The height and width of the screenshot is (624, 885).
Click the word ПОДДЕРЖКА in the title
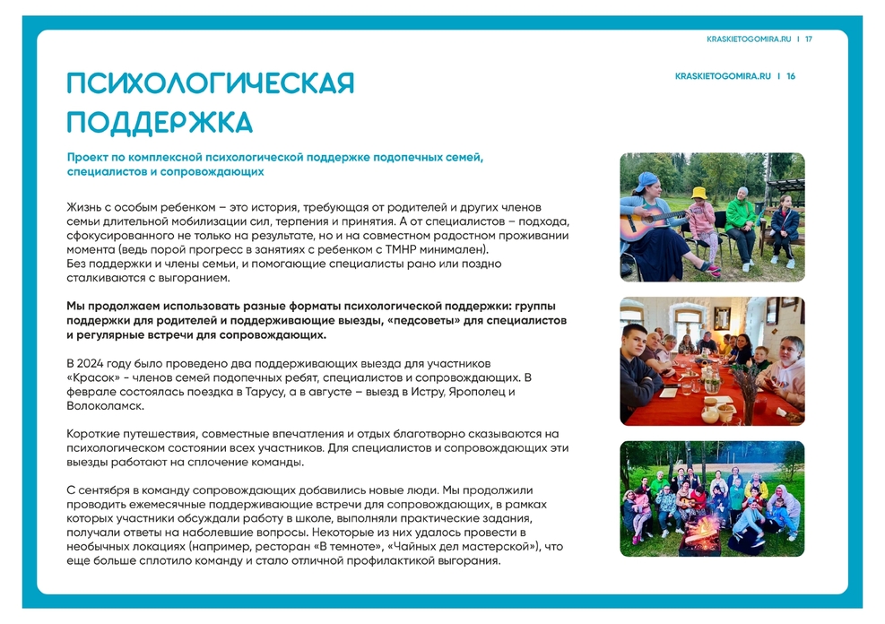tap(160, 122)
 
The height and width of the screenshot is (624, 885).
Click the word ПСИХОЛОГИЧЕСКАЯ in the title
tap(211, 83)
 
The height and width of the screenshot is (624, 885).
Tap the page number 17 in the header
tap(809, 39)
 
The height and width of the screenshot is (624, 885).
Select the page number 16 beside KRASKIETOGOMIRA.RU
tap(791, 76)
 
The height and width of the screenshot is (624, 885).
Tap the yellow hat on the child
tap(698, 193)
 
